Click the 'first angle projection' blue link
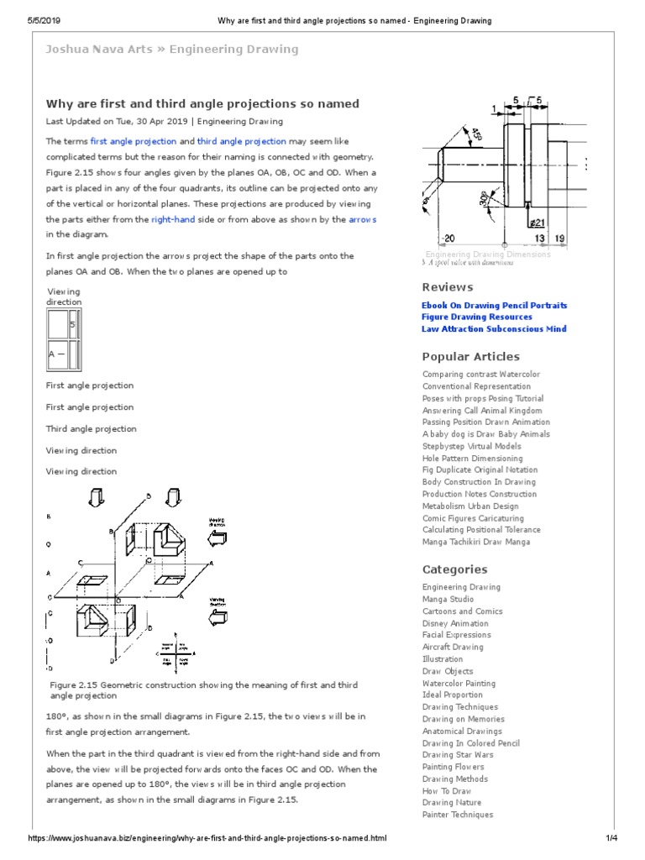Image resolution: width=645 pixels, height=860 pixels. [133, 142]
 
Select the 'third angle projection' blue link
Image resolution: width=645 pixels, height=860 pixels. [241, 142]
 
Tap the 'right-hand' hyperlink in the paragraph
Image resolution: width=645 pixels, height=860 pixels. [174, 219]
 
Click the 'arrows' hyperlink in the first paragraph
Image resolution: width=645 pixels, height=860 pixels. [362, 219]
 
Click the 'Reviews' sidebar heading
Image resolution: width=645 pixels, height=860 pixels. [447, 287]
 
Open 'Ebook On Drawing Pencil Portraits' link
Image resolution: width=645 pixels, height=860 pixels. [494, 306]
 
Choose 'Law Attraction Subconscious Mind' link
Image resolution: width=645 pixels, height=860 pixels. [494, 329]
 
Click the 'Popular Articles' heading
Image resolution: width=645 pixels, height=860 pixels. [470, 356]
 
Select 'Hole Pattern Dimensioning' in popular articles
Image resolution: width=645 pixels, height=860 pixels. [472, 459]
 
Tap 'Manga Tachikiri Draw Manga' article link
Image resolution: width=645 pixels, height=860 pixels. [476, 542]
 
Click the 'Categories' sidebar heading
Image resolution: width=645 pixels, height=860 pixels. [454, 569]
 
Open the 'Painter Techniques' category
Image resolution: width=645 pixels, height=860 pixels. [458, 815]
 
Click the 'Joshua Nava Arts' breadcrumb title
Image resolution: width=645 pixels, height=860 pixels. [99, 50]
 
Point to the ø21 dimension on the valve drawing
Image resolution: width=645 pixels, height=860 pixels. [537, 223]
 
